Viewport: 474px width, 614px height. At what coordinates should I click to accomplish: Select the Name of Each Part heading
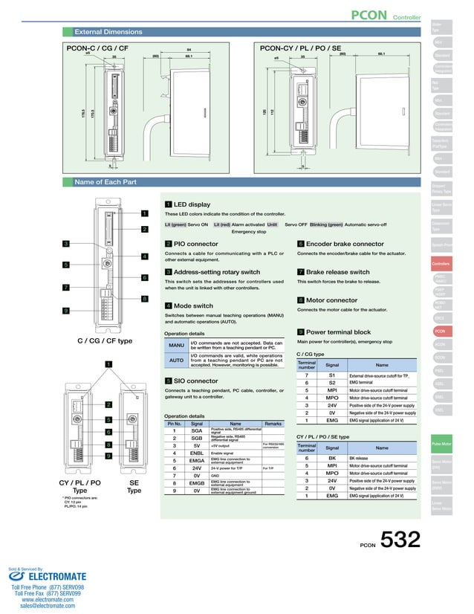tap(105, 182)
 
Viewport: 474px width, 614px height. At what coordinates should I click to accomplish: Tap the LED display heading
tap(192, 204)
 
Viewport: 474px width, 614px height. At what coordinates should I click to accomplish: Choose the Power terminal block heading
tap(338, 332)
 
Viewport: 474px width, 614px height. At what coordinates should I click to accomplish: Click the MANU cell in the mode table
tap(176, 346)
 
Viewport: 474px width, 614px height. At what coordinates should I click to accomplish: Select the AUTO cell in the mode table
tap(176, 361)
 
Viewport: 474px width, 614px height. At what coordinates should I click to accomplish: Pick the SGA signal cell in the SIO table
tap(197, 430)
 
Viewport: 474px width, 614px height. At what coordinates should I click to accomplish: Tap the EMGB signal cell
tap(197, 483)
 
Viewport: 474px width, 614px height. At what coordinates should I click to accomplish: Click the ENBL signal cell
tap(197, 453)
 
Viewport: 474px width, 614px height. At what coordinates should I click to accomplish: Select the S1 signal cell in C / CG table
tap(333, 376)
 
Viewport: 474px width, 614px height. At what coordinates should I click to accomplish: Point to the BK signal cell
tap(333, 459)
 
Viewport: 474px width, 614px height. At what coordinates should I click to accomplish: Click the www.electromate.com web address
tap(48, 599)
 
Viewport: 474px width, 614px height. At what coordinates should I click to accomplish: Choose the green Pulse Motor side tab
tap(441, 444)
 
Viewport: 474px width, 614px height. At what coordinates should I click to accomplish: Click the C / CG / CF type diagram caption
tap(105, 340)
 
